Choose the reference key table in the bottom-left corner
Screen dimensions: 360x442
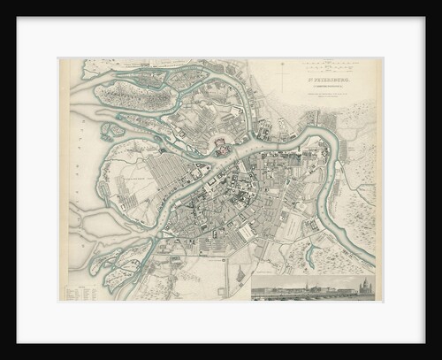80,290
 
